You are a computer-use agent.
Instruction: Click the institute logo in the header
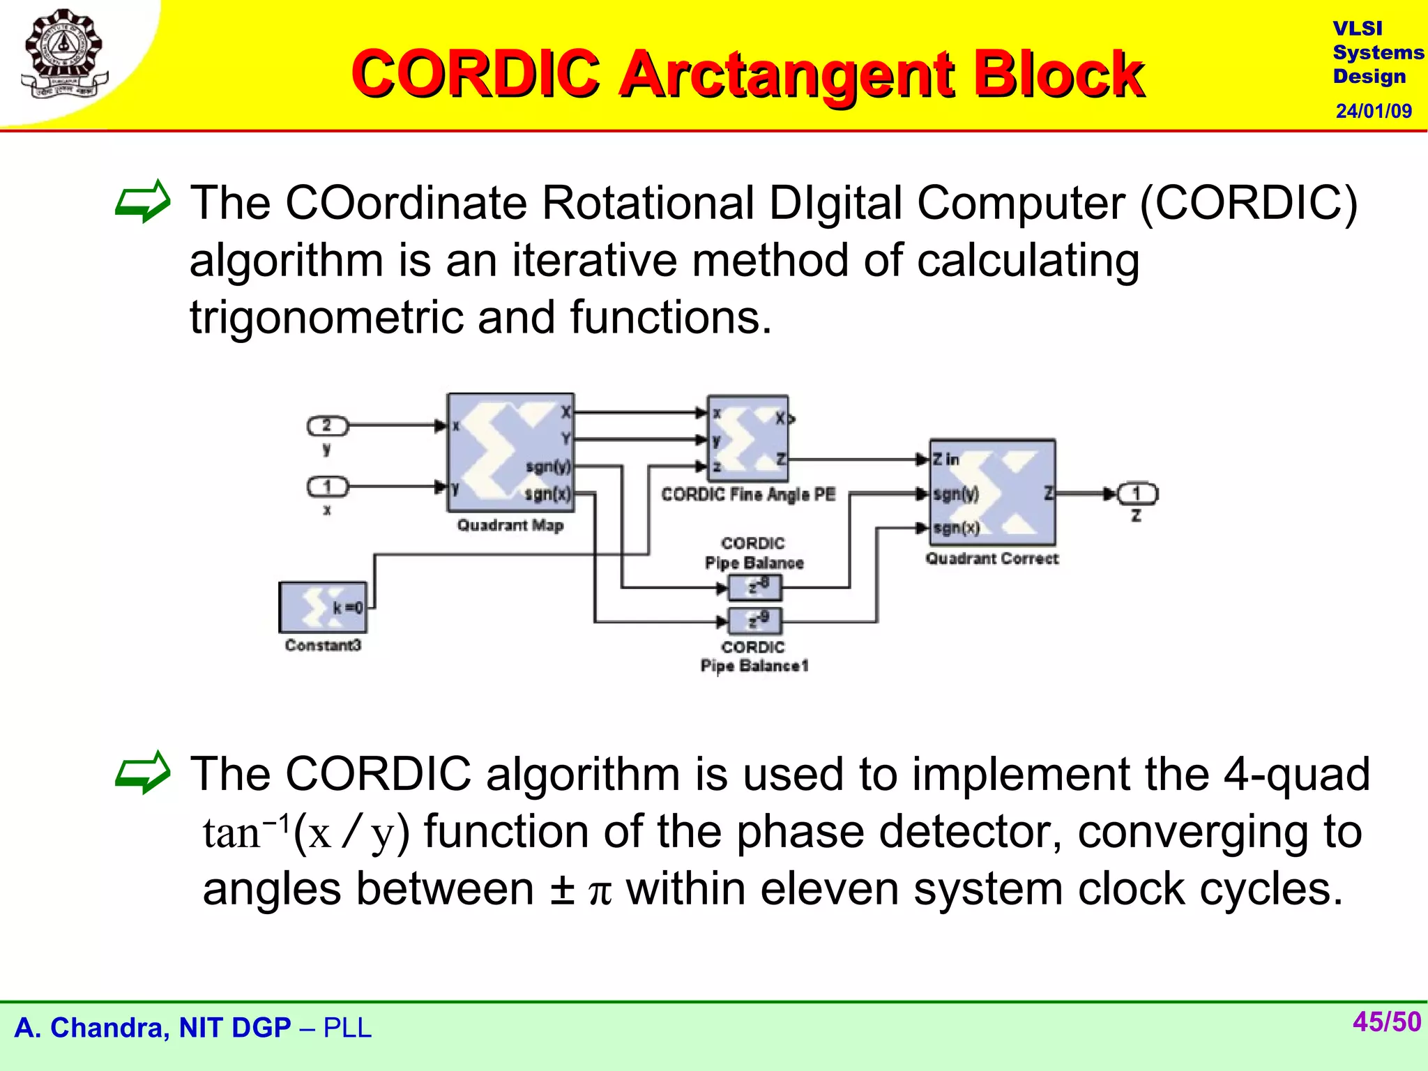tap(64, 54)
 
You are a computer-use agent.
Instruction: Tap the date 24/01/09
tap(1373, 111)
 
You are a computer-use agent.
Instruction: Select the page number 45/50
tap(1386, 1021)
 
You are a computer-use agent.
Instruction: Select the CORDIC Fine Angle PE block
tap(747, 439)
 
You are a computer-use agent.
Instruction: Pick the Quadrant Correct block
tap(992, 492)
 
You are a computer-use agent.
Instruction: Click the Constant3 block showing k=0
tap(323, 607)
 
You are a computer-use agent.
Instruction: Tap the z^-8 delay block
tap(755, 587)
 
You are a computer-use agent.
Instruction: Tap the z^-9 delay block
tap(755, 620)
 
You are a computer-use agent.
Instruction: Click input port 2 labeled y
tap(327, 425)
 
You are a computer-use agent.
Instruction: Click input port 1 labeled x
tap(327, 486)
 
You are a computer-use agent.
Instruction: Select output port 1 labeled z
tap(1137, 494)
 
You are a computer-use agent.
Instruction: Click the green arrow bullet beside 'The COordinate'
tap(143, 202)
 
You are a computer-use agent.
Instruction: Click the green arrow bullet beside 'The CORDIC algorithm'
tap(143, 773)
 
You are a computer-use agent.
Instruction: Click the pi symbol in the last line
tap(600, 892)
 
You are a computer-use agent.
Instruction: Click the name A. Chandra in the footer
tap(92, 1028)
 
